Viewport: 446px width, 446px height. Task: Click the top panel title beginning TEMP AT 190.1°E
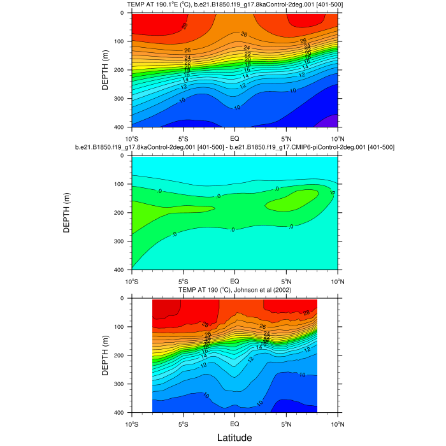[x=234, y=5]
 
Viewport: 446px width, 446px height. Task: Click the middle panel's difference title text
[x=234, y=147]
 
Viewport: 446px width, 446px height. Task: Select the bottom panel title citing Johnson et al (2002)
[x=234, y=290]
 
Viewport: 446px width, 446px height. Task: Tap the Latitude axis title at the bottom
[x=234, y=438]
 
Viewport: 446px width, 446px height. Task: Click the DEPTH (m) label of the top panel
[x=105, y=70]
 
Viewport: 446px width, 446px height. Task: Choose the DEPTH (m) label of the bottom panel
[x=105, y=355]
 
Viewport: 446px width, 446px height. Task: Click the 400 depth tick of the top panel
[x=119, y=127]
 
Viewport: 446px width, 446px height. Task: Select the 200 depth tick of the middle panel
[x=119, y=213]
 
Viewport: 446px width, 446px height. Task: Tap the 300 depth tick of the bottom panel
[x=119, y=384]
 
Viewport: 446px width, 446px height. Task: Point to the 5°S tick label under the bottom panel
[x=183, y=424]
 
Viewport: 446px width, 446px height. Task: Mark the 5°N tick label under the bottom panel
[x=285, y=424]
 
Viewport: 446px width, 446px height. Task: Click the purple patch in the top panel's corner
[x=331, y=121]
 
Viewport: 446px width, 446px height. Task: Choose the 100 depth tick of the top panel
[x=119, y=41]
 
